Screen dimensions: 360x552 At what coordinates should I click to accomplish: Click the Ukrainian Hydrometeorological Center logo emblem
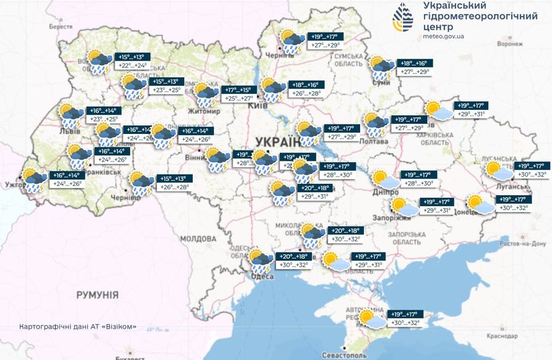pyautogui.click(x=403, y=19)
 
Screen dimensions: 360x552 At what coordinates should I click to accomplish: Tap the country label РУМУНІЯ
pyautogui.click(x=97, y=294)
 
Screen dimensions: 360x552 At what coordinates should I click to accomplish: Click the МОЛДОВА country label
pyautogui.click(x=199, y=238)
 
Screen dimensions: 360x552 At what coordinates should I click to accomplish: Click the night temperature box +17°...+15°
pyautogui.click(x=237, y=89)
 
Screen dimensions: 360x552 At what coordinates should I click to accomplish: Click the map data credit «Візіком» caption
pyautogui.click(x=79, y=326)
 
